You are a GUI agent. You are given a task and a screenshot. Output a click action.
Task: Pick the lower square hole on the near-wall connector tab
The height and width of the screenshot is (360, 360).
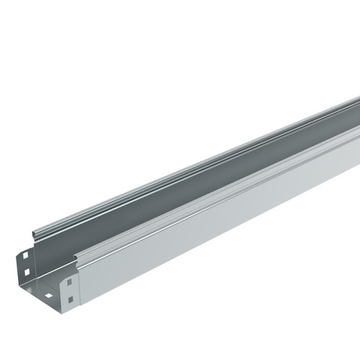70,297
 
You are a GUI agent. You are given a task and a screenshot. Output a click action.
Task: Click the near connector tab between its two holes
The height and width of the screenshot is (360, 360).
69,289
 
